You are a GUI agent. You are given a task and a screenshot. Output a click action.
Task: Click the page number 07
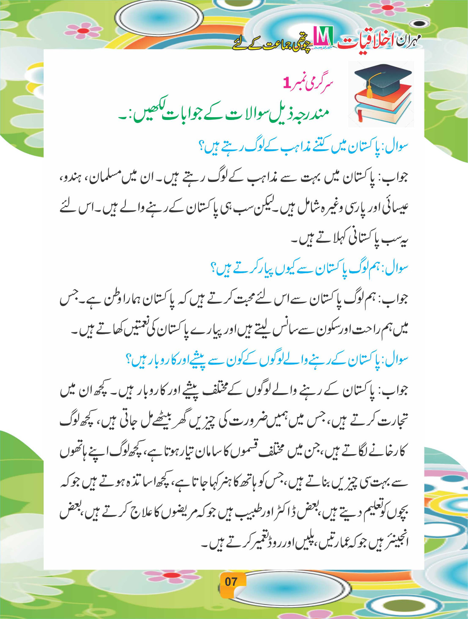tap(231, 581)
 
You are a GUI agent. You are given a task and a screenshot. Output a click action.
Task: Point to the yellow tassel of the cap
tap(369, 91)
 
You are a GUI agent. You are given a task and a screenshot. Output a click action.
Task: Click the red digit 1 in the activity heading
tap(287, 83)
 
